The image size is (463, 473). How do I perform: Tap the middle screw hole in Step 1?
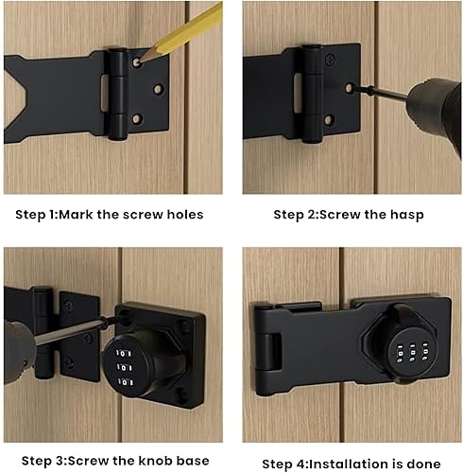[x=158, y=89]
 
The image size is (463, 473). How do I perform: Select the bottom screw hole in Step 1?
[x=136, y=119]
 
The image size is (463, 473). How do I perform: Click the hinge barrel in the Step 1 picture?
[x=118, y=94]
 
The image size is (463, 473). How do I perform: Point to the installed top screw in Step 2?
[x=331, y=59]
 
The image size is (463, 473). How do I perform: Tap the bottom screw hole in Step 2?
[x=328, y=120]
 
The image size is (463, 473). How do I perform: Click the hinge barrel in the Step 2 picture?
[x=313, y=94]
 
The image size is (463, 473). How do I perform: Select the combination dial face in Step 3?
[x=124, y=368]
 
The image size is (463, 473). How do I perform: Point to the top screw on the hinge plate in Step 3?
[x=69, y=306]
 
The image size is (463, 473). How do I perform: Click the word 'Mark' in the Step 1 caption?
[x=76, y=215]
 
